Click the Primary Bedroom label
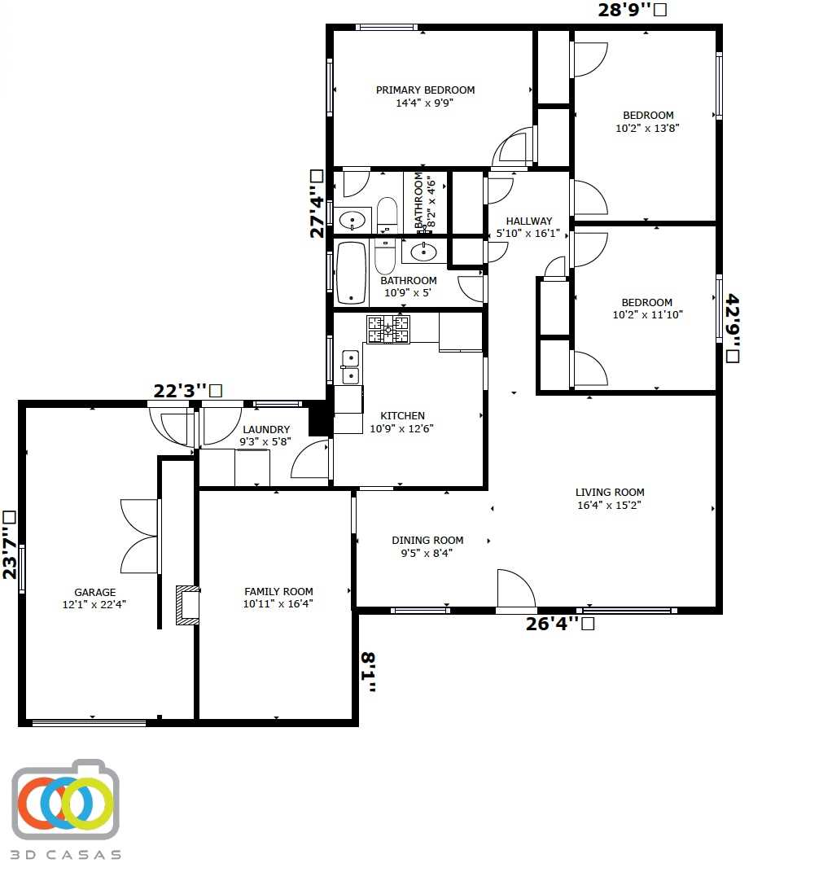coord(424,90)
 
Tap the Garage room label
coord(94,593)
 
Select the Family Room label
coord(278,592)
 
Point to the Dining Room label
coord(427,541)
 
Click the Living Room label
coord(610,493)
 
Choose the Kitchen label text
coord(403,416)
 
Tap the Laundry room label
coord(266,430)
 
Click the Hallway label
coord(528,221)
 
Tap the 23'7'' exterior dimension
coord(10,543)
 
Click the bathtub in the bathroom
coord(351,273)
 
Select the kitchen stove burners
coord(388,329)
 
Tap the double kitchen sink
coord(350,366)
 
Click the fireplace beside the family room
coord(187,605)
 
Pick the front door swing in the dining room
coord(515,590)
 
